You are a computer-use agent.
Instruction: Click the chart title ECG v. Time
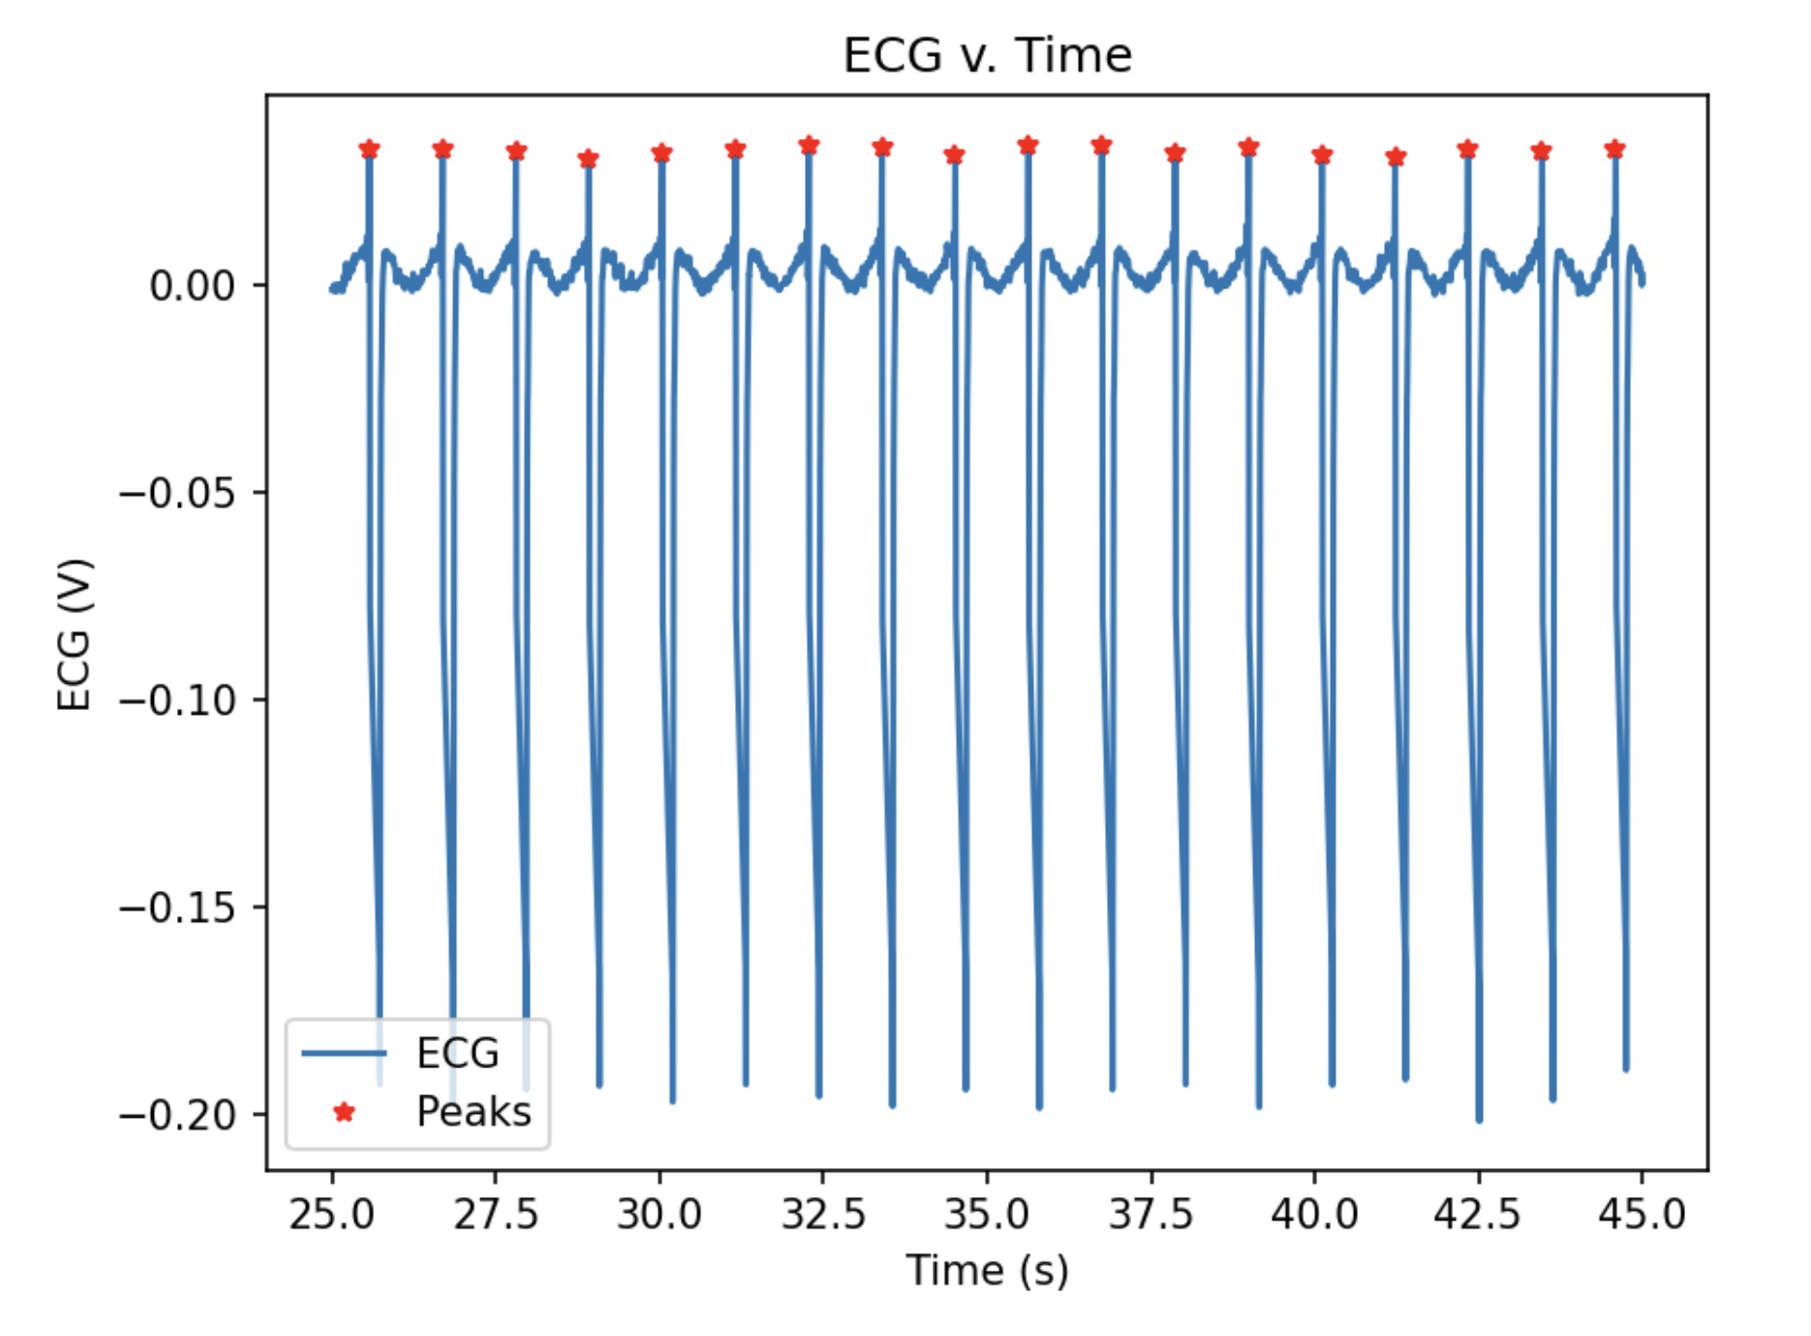tap(987, 55)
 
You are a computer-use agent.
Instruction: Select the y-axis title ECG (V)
tap(75, 634)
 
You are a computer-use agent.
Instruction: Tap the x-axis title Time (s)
tap(987, 1270)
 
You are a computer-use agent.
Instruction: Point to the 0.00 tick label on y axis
tap(192, 285)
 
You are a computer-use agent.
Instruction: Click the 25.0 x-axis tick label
tap(331, 1214)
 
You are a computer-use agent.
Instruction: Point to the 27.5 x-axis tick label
tap(495, 1214)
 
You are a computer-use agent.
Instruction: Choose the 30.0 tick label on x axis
tap(659, 1214)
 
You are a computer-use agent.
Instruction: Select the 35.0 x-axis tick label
tap(987, 1214)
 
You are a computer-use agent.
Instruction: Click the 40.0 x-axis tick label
tap(1314, 1214)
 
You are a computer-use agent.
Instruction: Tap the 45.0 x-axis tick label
tap(1641, 1214)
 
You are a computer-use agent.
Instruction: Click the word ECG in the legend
tap(457, 1053)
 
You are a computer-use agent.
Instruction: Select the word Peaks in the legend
tap(474, 1111)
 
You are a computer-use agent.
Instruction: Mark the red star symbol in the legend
tap(344, 1111)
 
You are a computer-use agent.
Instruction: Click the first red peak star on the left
tap(369, 149)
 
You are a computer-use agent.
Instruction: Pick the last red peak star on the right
tap(1615, 149)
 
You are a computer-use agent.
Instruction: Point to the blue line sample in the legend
tap(344, 1053)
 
